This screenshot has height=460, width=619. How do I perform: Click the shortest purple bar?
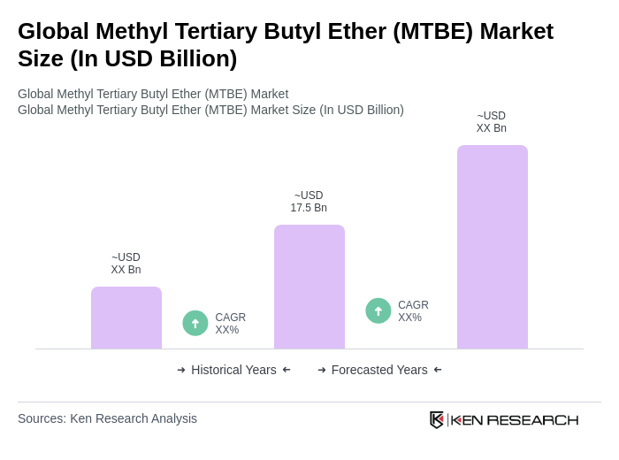tap(126, 318)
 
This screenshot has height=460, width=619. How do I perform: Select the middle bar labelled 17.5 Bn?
tap(309, 287)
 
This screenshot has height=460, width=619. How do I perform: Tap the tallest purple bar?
tap(493, 247)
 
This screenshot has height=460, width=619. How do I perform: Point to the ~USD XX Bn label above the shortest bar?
tap(126, 264)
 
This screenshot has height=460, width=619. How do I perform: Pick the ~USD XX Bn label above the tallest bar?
tap(492, 122)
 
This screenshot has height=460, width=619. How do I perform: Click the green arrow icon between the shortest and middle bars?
tap(195, 323)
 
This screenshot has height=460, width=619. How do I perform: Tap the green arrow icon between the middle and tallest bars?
tap(378, 310)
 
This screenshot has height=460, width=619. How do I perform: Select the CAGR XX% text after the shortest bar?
tap(230, 324)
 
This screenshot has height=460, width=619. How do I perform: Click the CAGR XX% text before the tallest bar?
tap(413, 311)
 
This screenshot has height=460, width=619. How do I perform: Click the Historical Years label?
tap(233, 370)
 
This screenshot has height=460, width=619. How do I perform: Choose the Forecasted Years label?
tap(379, 370)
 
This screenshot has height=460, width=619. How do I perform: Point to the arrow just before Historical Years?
tap(181, 370)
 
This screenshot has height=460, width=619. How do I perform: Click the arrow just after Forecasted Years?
tap(438, 370)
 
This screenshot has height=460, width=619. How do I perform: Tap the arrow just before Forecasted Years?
tap(322, 370)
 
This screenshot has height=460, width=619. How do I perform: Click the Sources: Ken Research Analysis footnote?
tap(107, 418)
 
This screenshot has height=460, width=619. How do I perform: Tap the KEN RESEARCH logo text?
tap(515, 419)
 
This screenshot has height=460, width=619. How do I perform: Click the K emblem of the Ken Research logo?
tap(437, 419)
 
